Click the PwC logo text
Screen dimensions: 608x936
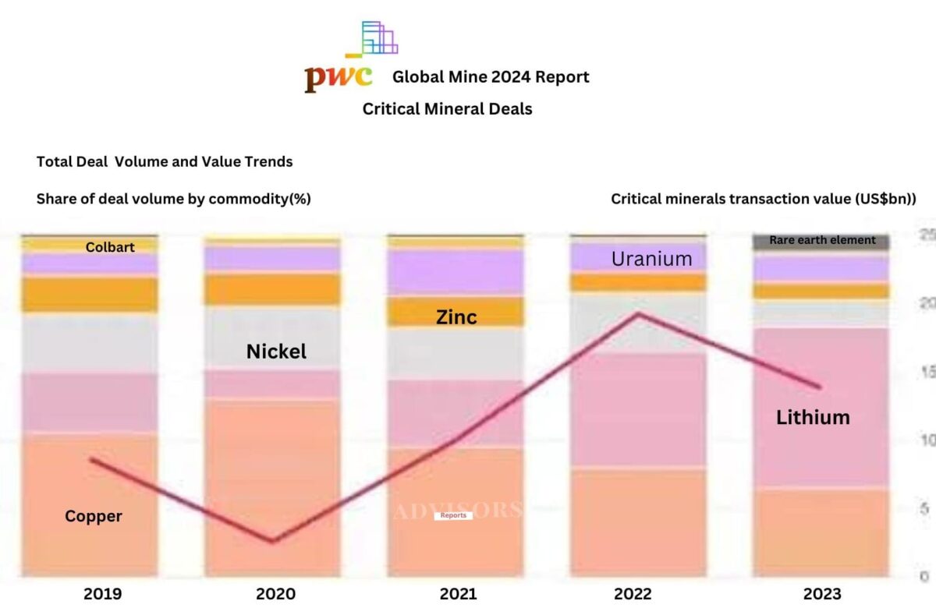tap(337, 77)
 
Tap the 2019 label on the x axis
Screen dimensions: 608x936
tap(102, 593)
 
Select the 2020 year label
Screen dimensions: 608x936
tap(275, 593)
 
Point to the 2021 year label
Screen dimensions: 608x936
tap(458, 593)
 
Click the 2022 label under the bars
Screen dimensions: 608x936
tap(633, 593)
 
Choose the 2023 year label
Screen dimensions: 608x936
tap(821, 593)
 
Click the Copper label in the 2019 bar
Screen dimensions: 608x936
tap(93, 516)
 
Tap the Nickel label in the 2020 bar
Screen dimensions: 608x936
tap(276, 352)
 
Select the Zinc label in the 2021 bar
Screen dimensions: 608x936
tap(456, 316)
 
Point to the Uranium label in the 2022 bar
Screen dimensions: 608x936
tap(651, 259)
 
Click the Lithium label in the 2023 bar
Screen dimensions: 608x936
tap(813, 417)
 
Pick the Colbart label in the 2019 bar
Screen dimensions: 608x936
tap(110, 247)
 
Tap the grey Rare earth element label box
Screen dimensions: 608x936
tap(821, 240)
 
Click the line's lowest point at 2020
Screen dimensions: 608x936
tap(273, 540)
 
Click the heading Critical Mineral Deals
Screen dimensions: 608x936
tap(447, 109)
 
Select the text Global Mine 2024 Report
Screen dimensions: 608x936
tap(491, 77)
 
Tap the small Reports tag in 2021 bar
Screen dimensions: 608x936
tap(453, 515)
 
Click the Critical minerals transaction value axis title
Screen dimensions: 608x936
tap(763, 199)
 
